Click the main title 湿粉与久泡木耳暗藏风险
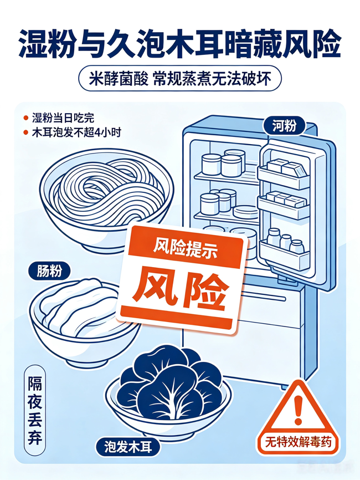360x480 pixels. [180, 44]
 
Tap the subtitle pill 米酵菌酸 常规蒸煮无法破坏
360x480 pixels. [180, 79]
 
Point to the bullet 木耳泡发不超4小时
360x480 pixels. [76, 132]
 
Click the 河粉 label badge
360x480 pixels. [285, 126]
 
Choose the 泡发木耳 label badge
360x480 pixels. [128, 447]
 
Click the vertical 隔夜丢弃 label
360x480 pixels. [35, 411]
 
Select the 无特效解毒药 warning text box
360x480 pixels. [298, 442]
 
